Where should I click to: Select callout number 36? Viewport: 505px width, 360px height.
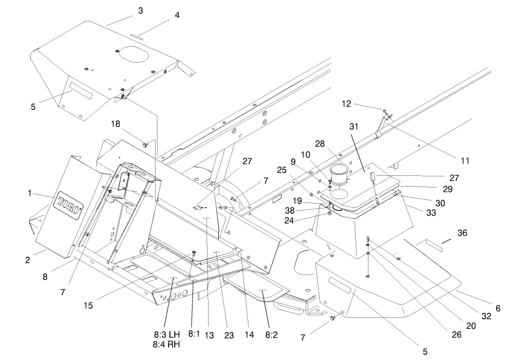click(x=462, y=233)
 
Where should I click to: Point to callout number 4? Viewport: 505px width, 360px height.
click(x=177, y=15)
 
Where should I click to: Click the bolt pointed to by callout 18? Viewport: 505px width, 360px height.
click(x=145, y=144)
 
